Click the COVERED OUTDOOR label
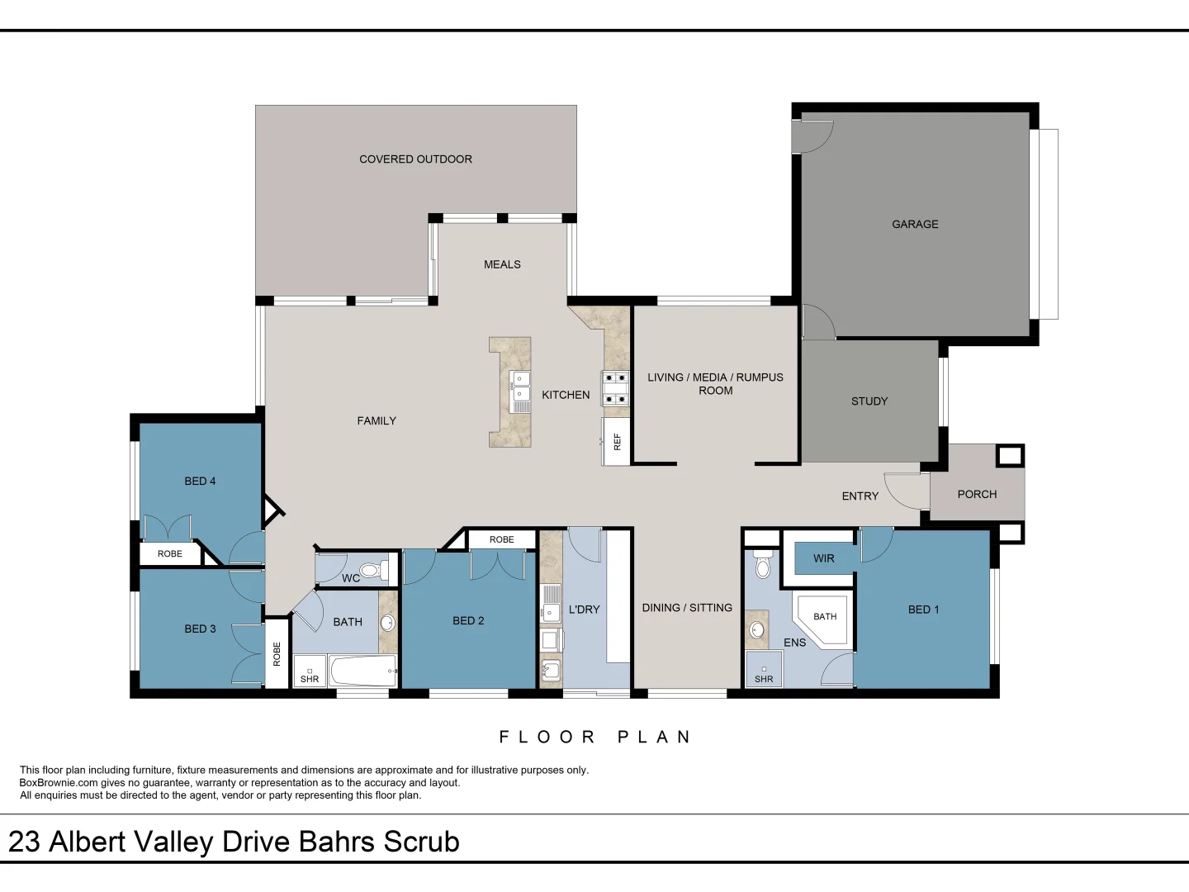coord(415,159)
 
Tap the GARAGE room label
coord(915,225)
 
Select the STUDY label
coord(869,401)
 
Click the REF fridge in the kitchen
coord(616,442)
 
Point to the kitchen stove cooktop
coord(615,388)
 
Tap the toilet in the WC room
coord(373,569)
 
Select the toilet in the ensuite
coord(763,566)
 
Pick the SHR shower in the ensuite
coord(764,671)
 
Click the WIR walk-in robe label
coord(823,558)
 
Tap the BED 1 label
coord(923,610)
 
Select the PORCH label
coord(977,495)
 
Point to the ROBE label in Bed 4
coord(170,554)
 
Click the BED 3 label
coord(200,629)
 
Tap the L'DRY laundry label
coord(584,610)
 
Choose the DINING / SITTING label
coord(687,608)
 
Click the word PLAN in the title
coord(654,737)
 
